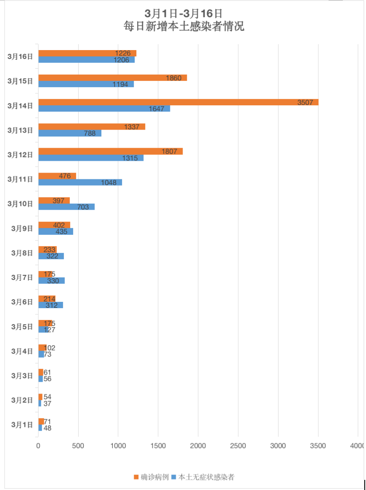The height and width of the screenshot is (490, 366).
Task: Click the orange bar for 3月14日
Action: tap(178, 102)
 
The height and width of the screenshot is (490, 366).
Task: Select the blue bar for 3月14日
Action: tap(104, 109)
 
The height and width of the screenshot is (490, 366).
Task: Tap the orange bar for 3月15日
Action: tap(112, 78)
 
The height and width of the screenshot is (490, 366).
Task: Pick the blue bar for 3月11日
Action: tap(80, 182)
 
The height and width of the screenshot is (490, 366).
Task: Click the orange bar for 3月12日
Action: tap(110, 151)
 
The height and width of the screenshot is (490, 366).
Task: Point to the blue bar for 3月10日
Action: tap(66, 207)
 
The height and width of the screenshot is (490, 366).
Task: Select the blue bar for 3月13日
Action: tap(70, 133)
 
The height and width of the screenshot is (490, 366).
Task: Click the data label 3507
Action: tap(305, 102)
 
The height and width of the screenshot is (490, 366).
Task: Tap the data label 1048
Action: tap(109, 182)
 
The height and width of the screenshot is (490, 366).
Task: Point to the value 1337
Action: tap(132, 127)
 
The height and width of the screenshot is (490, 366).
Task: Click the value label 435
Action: tap(61, 232)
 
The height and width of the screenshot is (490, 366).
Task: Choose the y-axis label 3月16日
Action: tap(20, 56)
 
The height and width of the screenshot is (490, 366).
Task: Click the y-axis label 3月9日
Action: tap(22, 228)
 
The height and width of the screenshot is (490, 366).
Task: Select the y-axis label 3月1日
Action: tap(22, 424)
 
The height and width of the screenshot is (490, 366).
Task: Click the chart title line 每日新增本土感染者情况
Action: tap(183, 27)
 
